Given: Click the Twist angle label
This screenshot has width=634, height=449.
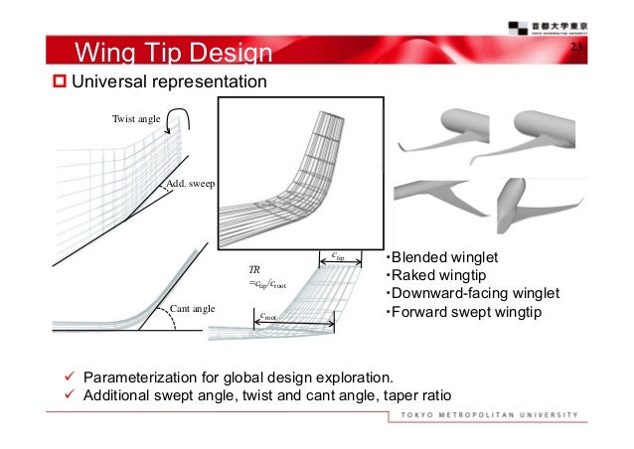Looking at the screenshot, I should click(x=136, y=119).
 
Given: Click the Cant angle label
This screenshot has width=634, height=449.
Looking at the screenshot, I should click(x=193, y=309).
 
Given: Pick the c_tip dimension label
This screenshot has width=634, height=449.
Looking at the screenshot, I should click(x=338, y=255).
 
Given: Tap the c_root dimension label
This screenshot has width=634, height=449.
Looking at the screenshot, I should click(x=267, y=317).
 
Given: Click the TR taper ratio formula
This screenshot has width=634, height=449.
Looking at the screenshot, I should click(x=267, y=277).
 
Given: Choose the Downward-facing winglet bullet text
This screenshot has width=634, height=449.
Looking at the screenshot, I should click(x=472, y=295).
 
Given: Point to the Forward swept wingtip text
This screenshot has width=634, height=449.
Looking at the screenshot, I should click(x=456, y=314).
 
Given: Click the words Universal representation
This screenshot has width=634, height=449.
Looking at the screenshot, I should click(x=168, y=80).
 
